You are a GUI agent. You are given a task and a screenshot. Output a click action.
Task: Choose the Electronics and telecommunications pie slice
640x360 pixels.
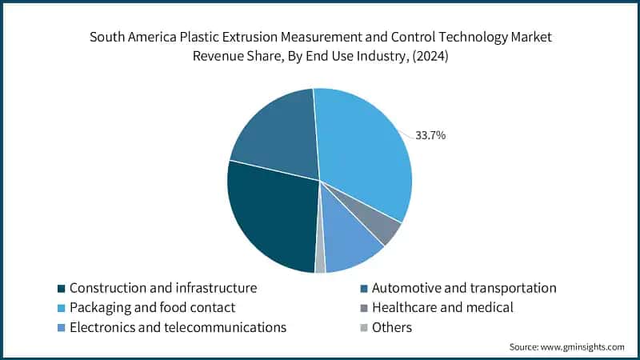coord(352,246)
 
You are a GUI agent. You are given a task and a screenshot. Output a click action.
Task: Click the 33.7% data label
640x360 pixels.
coord(430,135)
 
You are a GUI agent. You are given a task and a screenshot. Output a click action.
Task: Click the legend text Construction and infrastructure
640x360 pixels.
coord(163,287)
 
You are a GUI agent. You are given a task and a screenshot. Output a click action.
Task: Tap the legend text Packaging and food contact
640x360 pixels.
coord(152,307)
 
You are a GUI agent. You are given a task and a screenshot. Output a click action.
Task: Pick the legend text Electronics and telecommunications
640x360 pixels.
coord(178,327)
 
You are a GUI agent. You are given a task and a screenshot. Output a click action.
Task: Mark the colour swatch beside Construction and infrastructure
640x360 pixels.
coord(62,288)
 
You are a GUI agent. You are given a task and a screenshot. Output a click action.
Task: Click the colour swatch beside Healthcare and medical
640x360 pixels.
coord(365,308)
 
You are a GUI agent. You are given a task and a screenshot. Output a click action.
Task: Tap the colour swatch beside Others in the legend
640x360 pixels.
coord(365,328)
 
